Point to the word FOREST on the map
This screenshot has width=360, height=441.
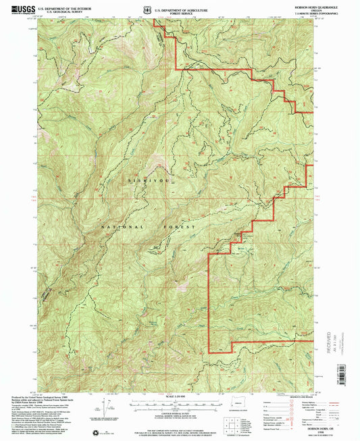pos(179,227)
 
